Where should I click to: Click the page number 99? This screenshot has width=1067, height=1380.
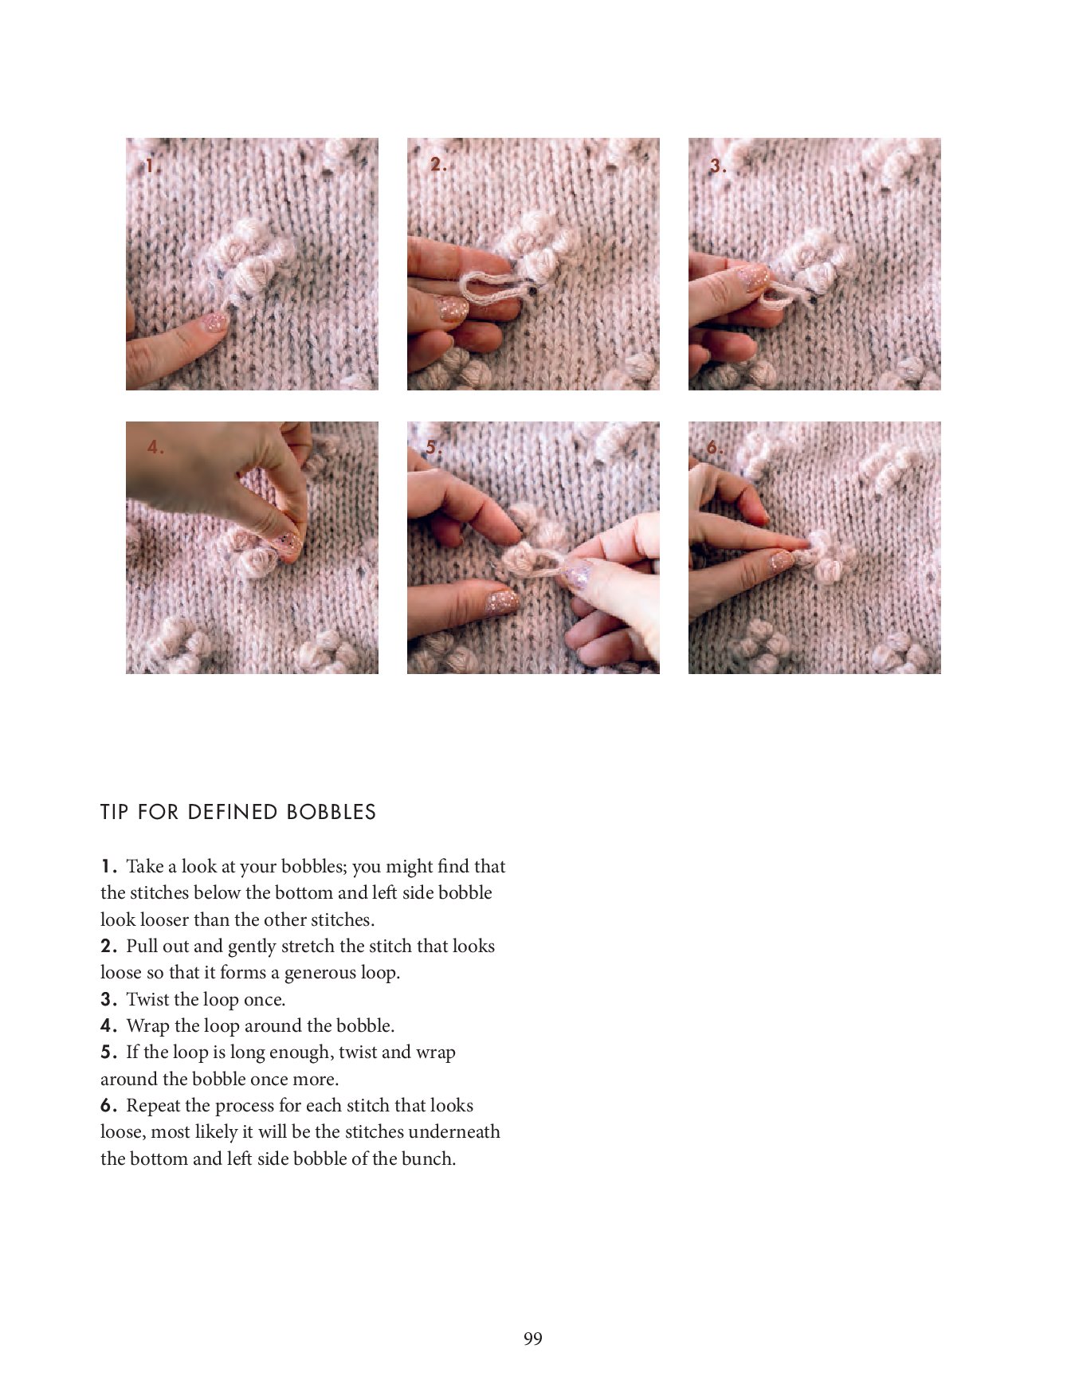[533, 1339]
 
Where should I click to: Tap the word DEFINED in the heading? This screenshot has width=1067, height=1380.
[233, 812]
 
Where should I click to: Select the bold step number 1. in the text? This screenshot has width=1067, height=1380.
[109, 866]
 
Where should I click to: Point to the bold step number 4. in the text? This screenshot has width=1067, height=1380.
[110, 1025]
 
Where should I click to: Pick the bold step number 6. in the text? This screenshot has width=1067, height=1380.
[110, 1105]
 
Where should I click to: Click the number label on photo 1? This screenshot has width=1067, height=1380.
[152, 166]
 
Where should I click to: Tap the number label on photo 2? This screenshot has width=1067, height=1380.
[438, 164]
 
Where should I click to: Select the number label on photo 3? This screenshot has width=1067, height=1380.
[718, 166]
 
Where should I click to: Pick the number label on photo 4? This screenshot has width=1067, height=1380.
[155, 447]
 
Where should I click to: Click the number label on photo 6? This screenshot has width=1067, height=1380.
[715, 448]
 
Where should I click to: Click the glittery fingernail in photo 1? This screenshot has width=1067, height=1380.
[215, 323]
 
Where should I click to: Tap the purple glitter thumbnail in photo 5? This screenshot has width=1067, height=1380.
[576, 573]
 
